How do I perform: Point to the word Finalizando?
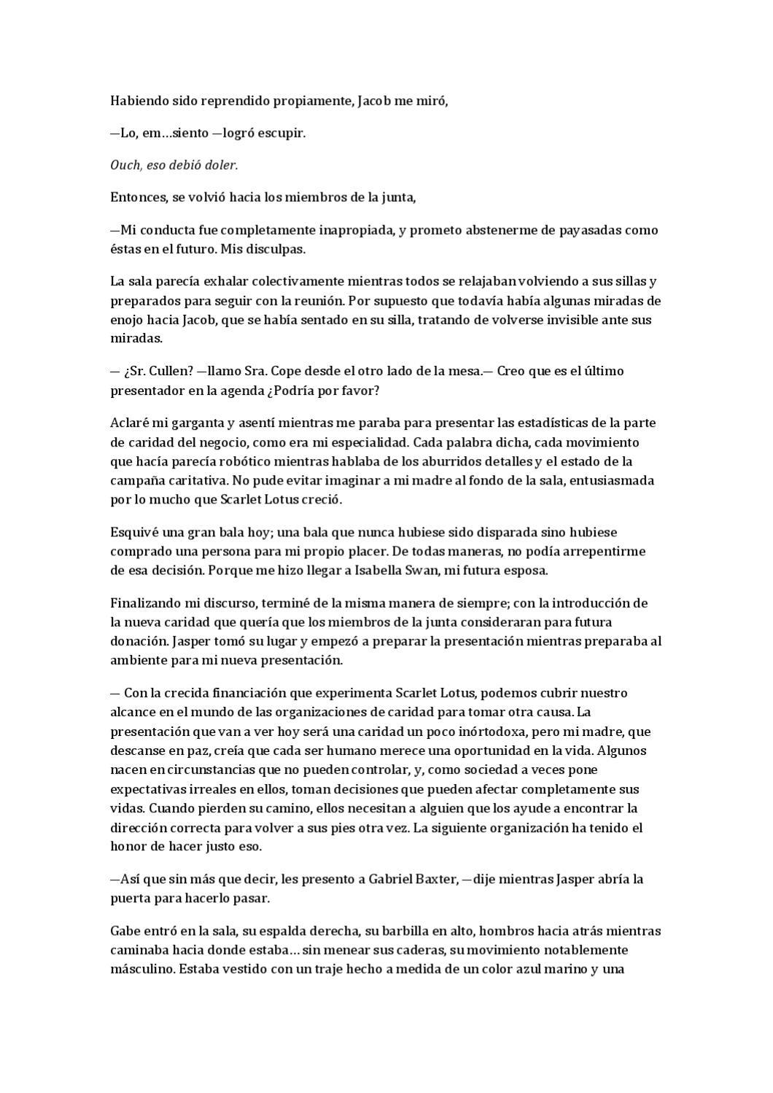pyautogui.click(x=144, y=603)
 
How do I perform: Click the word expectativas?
pyautogui.click(x=146, y=789)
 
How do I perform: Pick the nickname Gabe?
pyautogui.click(x=125, y=931)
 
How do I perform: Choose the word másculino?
pyautogui.click(x=141, y=970)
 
